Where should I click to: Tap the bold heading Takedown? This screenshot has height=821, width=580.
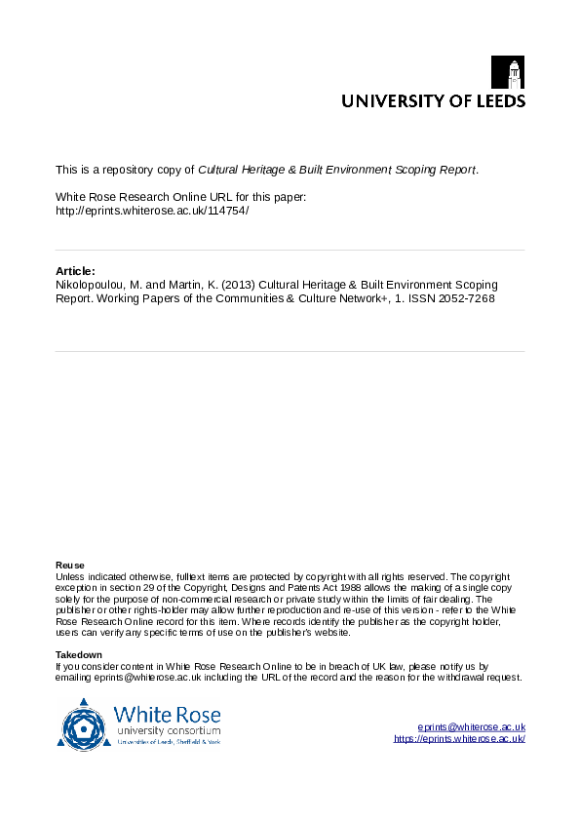pos(78,654)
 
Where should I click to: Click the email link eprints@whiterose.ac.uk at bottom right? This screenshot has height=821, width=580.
pos(471,727)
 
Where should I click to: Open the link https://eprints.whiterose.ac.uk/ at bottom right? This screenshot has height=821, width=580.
pos(459,739)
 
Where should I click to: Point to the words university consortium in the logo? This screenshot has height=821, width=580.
pos(168,730)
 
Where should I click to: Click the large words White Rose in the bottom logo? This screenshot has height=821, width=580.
pos(167,713)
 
